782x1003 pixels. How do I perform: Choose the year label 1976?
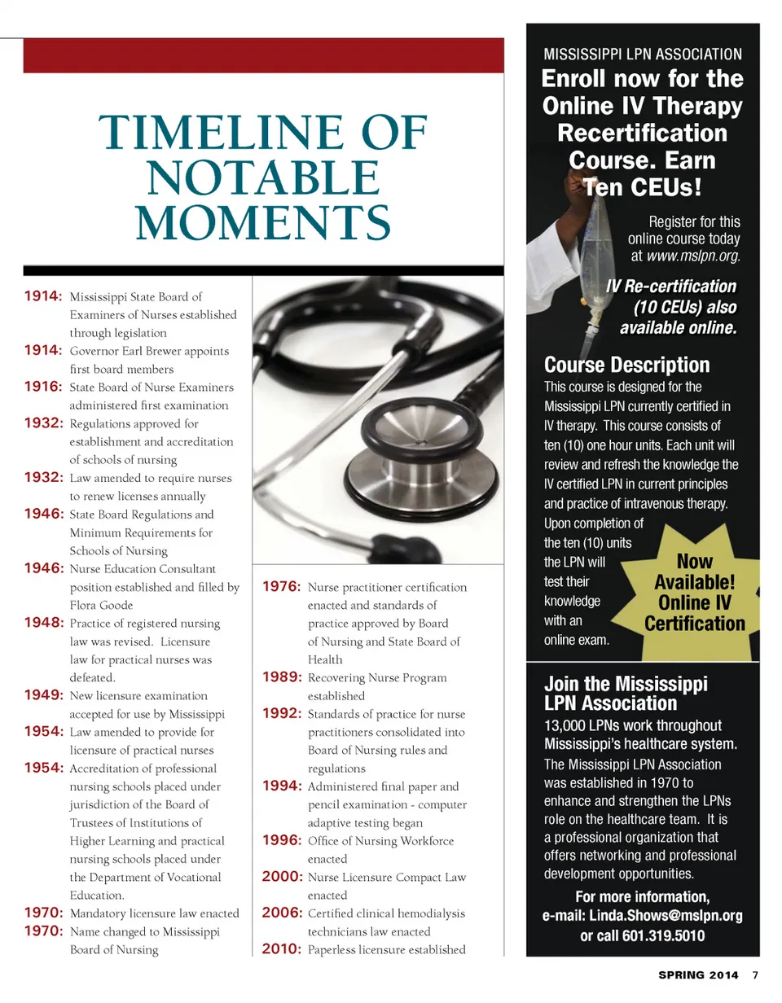pos(283,587)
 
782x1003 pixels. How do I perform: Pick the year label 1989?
pos(283,677)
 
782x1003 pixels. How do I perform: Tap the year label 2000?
pos(283,877)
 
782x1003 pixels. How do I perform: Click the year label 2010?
pos(283,949)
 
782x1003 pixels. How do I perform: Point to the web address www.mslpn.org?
pos(693,256)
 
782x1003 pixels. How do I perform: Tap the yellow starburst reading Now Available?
pos(694,593)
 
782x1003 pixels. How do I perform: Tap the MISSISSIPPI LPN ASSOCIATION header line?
pos(643,55)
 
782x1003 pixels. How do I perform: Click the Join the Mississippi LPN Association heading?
pos(626,693)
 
